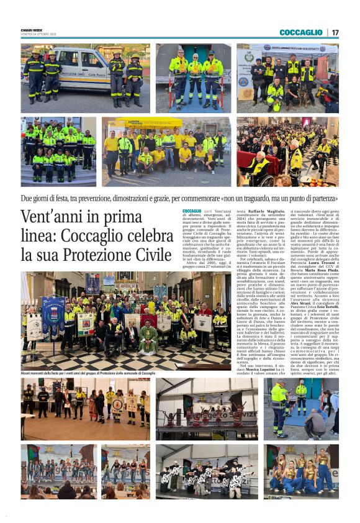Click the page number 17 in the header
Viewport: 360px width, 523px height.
[335, 32]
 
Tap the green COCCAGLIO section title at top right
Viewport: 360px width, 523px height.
[300, 32]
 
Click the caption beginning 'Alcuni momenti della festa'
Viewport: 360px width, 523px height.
[88, 373]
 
